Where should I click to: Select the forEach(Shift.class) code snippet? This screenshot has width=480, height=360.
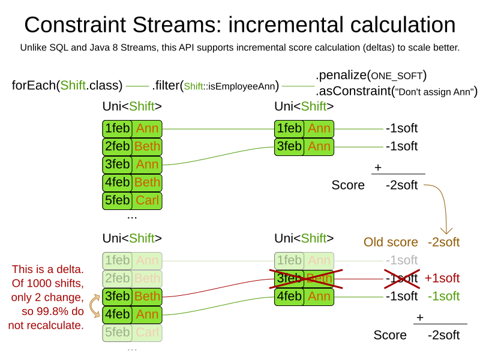tap(67, 86)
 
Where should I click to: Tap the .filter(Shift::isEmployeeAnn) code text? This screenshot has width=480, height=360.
tap(215, 86)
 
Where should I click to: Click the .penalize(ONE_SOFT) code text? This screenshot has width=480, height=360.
tap(371, 76)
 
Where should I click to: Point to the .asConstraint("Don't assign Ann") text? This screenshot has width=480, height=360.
tap(396, 92)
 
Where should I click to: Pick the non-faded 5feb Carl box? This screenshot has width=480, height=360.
tap(132, 200)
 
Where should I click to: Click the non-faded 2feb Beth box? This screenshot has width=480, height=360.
tap(132, 146)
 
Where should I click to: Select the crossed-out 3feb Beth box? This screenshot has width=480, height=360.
tap(304, 278)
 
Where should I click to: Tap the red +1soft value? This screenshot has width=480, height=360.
tap(442, 278)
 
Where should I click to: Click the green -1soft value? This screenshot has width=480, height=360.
tap(443, 296)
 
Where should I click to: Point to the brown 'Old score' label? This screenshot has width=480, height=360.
tap(391, 242)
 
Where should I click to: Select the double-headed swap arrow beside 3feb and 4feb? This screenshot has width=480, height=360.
tap(94, 305)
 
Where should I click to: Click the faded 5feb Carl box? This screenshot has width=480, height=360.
tap(132, 332)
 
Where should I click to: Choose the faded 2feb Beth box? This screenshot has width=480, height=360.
tap(132, 278)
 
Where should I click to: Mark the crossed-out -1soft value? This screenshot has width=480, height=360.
tap(402, 278)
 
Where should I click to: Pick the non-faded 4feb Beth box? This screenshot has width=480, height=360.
tap(132, 182)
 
